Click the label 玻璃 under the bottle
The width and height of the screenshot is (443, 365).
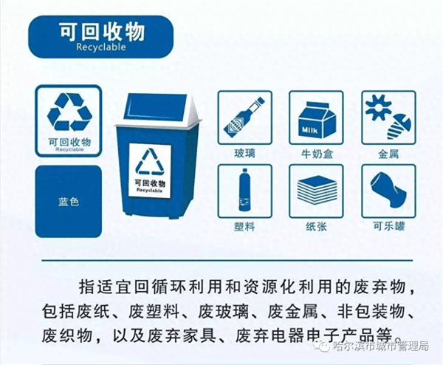[244, 154]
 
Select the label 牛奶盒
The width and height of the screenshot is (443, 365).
[316, 154]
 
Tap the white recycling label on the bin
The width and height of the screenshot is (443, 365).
[150, 169]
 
